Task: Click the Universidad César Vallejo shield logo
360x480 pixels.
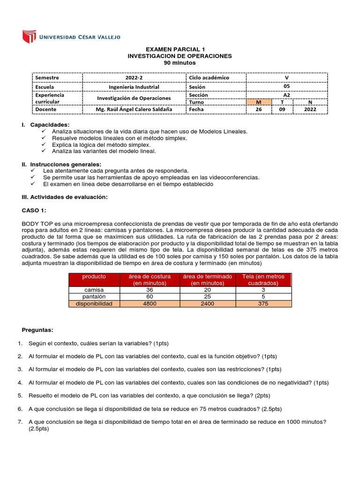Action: [x=29, y=36]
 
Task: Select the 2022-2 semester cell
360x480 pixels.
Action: [x=135, y=77]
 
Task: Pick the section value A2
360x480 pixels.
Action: [x=287, y=94]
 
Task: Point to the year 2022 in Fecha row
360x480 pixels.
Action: [x=310, y=109]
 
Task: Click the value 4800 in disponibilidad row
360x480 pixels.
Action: [x=150, y=303]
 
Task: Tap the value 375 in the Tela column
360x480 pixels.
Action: [x=262, y=303]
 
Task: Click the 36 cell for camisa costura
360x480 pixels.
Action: [x=150, y=290]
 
